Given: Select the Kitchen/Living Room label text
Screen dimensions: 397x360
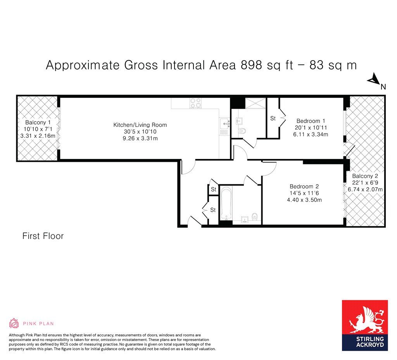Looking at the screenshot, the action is coord(140,125).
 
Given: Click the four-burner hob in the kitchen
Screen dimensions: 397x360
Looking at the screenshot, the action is coord(196,103).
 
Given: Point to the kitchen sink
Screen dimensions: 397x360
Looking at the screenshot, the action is coord(224,124).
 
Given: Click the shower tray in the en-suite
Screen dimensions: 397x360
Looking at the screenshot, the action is coord(255,103).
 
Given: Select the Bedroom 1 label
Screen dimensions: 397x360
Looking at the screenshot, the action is coord(311,121).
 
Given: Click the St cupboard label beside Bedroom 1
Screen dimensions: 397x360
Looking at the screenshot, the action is coord(273,118).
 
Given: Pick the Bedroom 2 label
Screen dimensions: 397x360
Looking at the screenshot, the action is coord(304,187).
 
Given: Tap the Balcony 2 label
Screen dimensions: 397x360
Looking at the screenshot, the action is coord(365,176).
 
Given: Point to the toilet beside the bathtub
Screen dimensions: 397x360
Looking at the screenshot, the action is coord(255,216).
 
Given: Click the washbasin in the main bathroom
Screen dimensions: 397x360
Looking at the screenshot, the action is coord(245,220).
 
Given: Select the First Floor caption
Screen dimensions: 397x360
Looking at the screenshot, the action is coord(43,236).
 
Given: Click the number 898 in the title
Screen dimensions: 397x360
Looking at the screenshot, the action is coord(251,65).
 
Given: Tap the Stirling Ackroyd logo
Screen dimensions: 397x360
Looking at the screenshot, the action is coord(365,325).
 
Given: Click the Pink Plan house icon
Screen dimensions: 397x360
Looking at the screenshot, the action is coord(14,323).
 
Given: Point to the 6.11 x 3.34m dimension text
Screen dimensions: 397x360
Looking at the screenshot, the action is coord(311,134).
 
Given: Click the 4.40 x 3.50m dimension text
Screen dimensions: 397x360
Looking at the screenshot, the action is coord(304,200).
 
